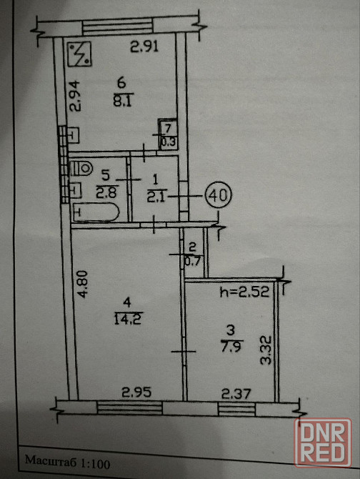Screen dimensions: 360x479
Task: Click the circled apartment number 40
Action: pyautogui.click(x=219, y=195)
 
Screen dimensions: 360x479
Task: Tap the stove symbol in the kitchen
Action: pyautogui.click(x=79, y=54)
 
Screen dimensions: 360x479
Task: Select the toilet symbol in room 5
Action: pyautogui.click(x=81, y=168)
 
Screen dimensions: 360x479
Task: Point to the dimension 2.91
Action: pyautogui.click(x=144, y=46)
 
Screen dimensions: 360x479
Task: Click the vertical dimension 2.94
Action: pyautogui.click(x=74, y=95)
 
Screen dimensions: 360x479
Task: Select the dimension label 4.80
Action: pyautogui.click(x=82, y=284)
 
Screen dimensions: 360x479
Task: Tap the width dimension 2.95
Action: pyautogui.click(x=136, y=392)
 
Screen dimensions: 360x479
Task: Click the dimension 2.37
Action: pyautogui.click(x=236, y=393)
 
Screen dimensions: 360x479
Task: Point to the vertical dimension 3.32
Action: pyautogui.click(x=266, y=350)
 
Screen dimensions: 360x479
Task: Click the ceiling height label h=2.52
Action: pyautogui.click(x=244, y=292)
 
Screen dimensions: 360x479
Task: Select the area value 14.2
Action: pyautogui.click(x=129, y=319)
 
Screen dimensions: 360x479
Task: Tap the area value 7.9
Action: pyautogui.click(x=232, y=347)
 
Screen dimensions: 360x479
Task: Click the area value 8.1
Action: pyautogui.click(x=122, y=101)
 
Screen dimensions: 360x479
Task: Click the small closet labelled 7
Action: pyautogui.click(x=168, y=134)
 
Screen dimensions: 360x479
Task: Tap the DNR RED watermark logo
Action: pyautogui.click(x=323, y=443)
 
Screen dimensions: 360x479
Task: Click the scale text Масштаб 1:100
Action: pyautogui.click(x=67, y=462)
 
